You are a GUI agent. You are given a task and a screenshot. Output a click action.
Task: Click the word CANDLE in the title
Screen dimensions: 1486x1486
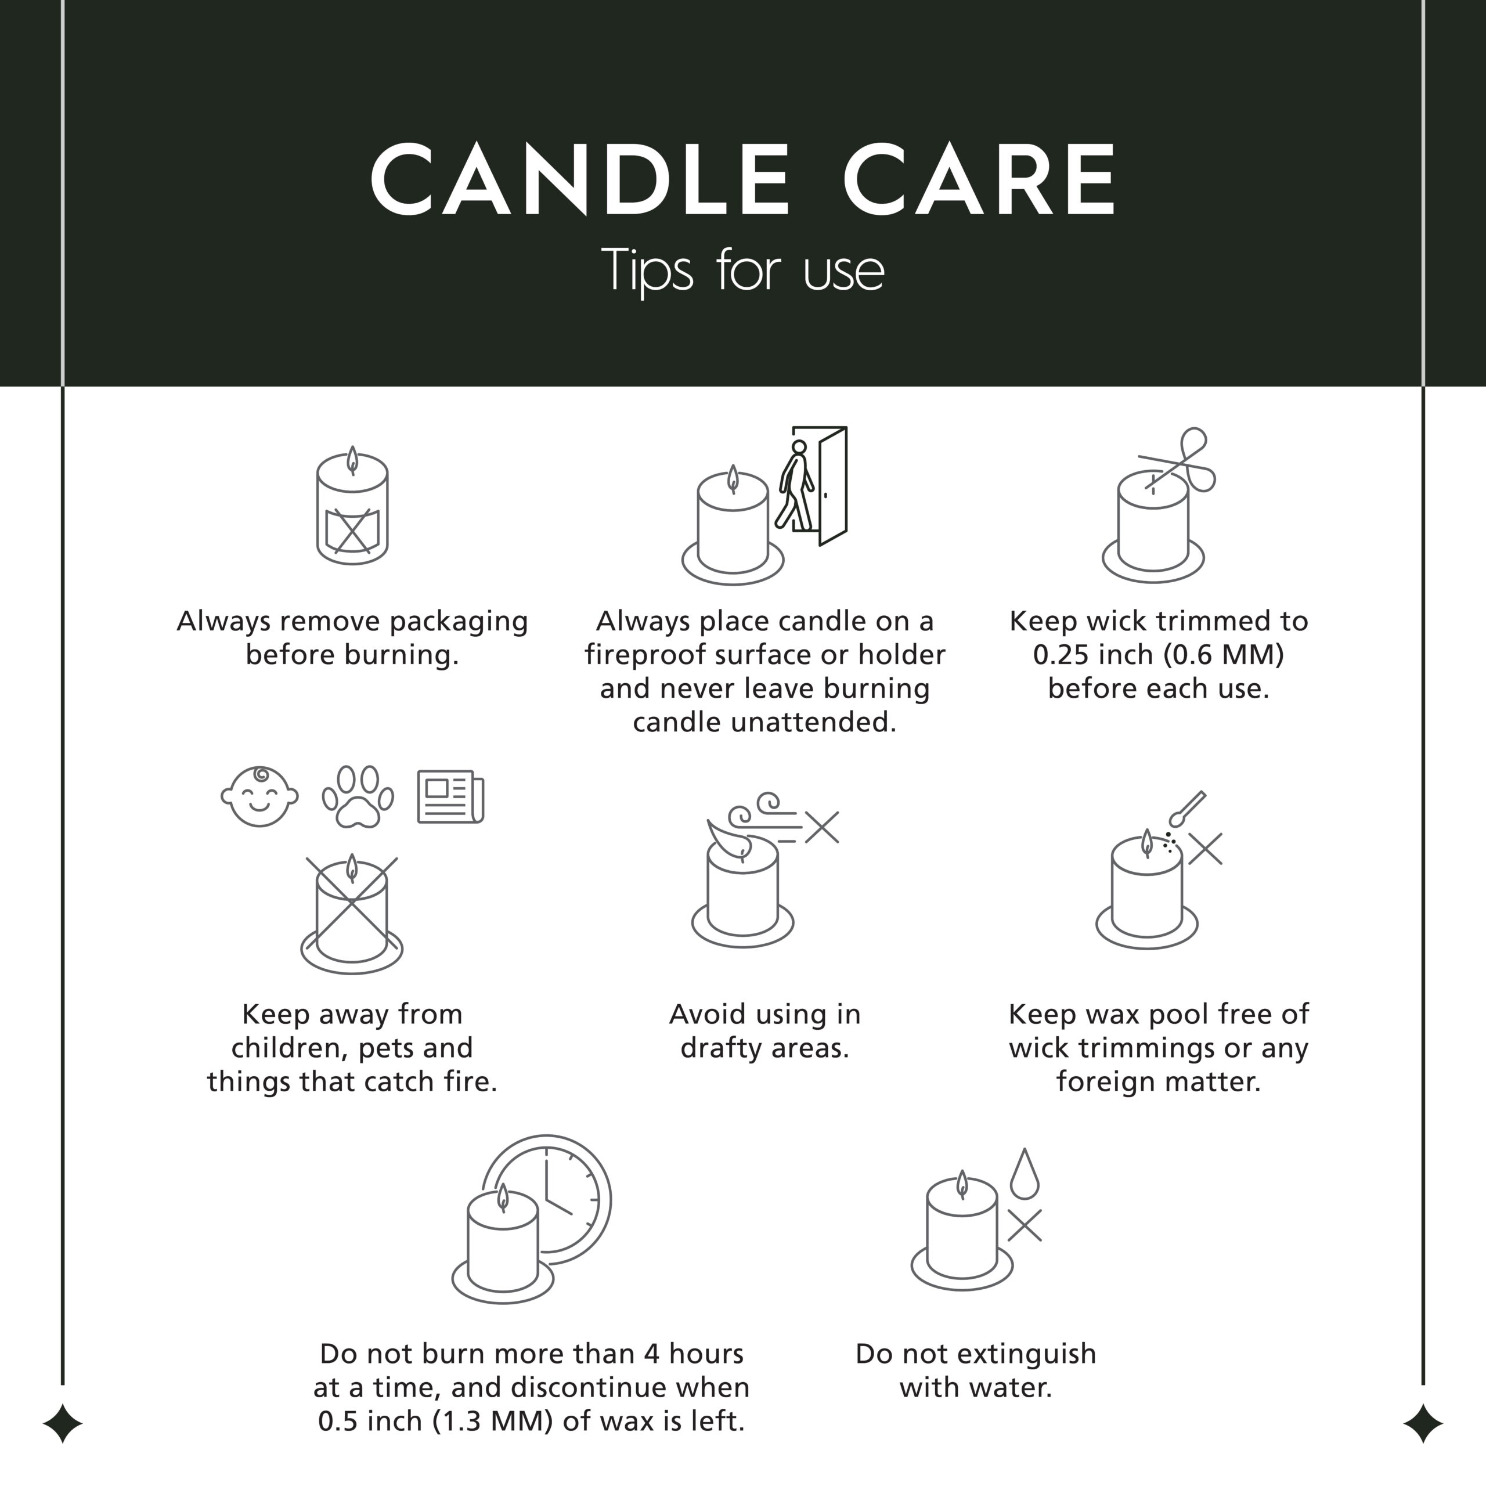[580, 180]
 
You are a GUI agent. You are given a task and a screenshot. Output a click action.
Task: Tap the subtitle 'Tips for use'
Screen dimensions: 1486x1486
[743, 270]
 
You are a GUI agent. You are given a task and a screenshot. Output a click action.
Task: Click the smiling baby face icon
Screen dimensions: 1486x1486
[259, 797]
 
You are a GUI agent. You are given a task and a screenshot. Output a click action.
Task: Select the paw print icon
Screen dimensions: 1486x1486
[358, 797]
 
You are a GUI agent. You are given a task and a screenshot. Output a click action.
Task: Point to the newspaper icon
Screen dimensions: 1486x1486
[450, 797]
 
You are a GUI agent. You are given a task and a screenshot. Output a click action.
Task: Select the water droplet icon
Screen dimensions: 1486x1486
[1025, 1174]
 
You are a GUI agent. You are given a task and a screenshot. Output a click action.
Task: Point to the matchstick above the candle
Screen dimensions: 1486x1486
[1187, 809]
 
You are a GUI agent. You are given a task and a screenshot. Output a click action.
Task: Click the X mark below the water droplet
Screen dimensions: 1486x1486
[1025, 1225]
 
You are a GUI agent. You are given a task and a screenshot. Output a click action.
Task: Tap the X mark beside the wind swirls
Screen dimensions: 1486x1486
[822, 828]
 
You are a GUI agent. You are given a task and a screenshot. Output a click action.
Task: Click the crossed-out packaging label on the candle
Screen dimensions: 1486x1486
[352, 531]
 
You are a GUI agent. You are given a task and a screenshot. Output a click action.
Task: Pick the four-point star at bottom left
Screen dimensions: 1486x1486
[62, 1424]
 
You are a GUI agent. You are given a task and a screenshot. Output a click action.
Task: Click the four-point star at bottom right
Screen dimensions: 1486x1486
[1423, 1424]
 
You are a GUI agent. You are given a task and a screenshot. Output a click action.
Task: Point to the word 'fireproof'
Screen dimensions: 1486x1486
[644, 656]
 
